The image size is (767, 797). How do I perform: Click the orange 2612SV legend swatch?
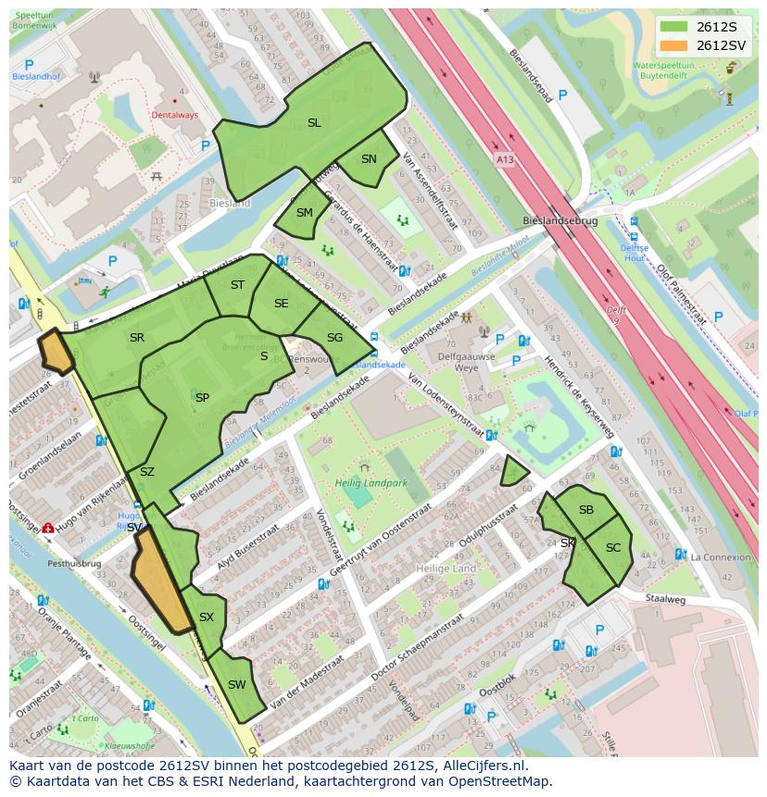[674, 45]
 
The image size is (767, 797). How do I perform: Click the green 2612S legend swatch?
[674, 27]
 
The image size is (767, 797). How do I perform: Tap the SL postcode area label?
[314, 123]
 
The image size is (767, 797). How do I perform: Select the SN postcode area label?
[369, 159]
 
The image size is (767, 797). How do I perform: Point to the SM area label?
[305, 213]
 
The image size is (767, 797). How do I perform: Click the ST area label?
[237, 285]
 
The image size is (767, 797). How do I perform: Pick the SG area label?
[334, 338]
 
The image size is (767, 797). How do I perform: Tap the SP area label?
[202, 398]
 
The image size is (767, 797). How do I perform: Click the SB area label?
[586, 510]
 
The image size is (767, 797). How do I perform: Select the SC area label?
[613, 548]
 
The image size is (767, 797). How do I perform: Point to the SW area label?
[236, 685]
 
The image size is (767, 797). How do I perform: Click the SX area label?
[207, 617]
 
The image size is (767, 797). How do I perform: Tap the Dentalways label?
[174, 116]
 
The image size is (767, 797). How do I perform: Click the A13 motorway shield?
[503, 159]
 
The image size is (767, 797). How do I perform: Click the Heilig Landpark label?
[371, 482]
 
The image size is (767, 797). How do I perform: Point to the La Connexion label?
[721, 557]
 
